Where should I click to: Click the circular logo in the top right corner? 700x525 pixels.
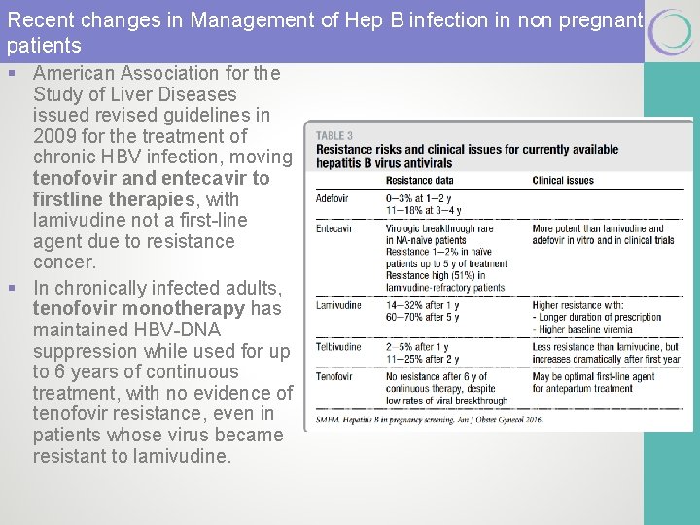click(671, 31)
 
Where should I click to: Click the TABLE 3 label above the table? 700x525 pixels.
click(334, 136)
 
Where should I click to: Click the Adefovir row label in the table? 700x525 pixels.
click(332, 198)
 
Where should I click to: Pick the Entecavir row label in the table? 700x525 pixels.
click(334, 229)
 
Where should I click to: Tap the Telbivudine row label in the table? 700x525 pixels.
click(338, 346)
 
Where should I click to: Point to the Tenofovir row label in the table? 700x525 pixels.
click(334, 375)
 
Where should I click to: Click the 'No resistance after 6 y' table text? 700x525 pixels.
click(438, 375)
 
